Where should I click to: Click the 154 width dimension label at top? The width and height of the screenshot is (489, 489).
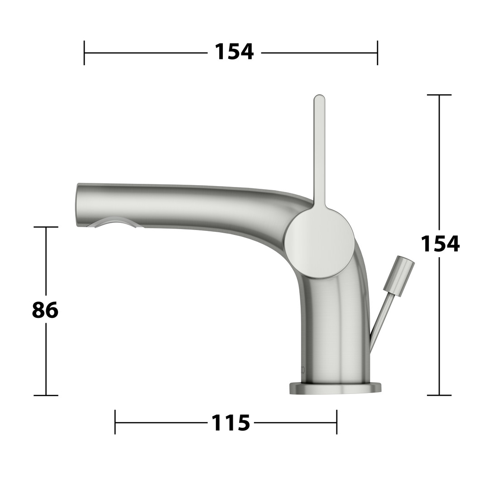click(234, 52)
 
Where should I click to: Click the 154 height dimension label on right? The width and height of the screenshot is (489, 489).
click(440, 244)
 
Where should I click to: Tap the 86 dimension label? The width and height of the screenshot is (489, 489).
click(45, 310)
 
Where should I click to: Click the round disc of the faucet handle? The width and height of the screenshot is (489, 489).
click(320, 243)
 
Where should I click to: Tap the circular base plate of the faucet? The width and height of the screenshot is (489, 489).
click(335, 388)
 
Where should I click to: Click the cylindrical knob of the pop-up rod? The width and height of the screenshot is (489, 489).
click(398, 275)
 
